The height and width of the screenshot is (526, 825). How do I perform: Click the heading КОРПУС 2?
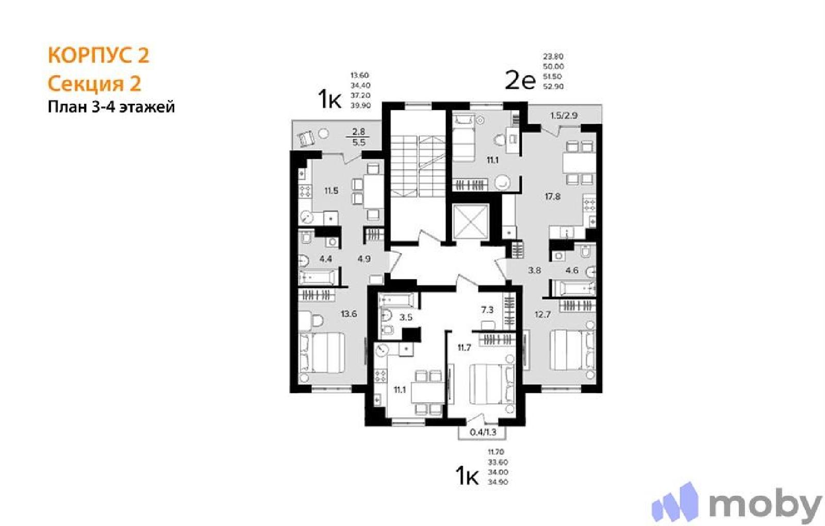pyautogui.click(x=98, y=55)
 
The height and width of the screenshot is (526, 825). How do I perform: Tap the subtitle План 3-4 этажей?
pyautogui.click(x=111, y=107)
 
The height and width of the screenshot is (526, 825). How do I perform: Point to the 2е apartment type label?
pyautogui.click(x=520, y=81)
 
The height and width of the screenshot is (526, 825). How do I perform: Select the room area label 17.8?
pyautogui.click(x=552, y=196)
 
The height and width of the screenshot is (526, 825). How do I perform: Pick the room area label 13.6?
pyautogui.click(x=349, y=314)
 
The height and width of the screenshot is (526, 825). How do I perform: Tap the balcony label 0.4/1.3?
pyautogui.click(x=483, y=432)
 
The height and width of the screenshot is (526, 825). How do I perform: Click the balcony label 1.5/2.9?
pyautogui.click(x=564, y=116)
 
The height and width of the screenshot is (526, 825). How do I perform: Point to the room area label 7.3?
pyautogui.click(x=487, y=310)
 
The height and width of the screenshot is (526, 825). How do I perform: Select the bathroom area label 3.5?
pyautogui.click(x=406, y=317)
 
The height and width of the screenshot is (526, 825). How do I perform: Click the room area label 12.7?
pyautogui.click(x=542, y=314)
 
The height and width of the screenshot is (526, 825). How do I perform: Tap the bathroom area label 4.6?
pyautogui.click(x=572, y=270)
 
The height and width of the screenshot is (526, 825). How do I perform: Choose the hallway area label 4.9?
pyautogui.click(x=364, y=259)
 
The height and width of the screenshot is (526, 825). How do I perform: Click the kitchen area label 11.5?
pyautogui.click(x=331, y=191)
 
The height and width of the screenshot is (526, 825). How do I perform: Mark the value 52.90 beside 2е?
pyautogui.click(x=553, y=87)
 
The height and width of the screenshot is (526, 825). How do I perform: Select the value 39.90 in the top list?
pyautogui.click(x=360, y=105)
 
